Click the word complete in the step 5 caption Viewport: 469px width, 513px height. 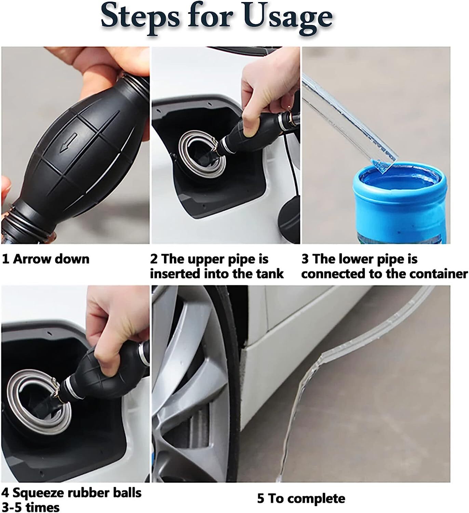[316, 499]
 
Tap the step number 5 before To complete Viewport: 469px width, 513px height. [260, 498]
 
